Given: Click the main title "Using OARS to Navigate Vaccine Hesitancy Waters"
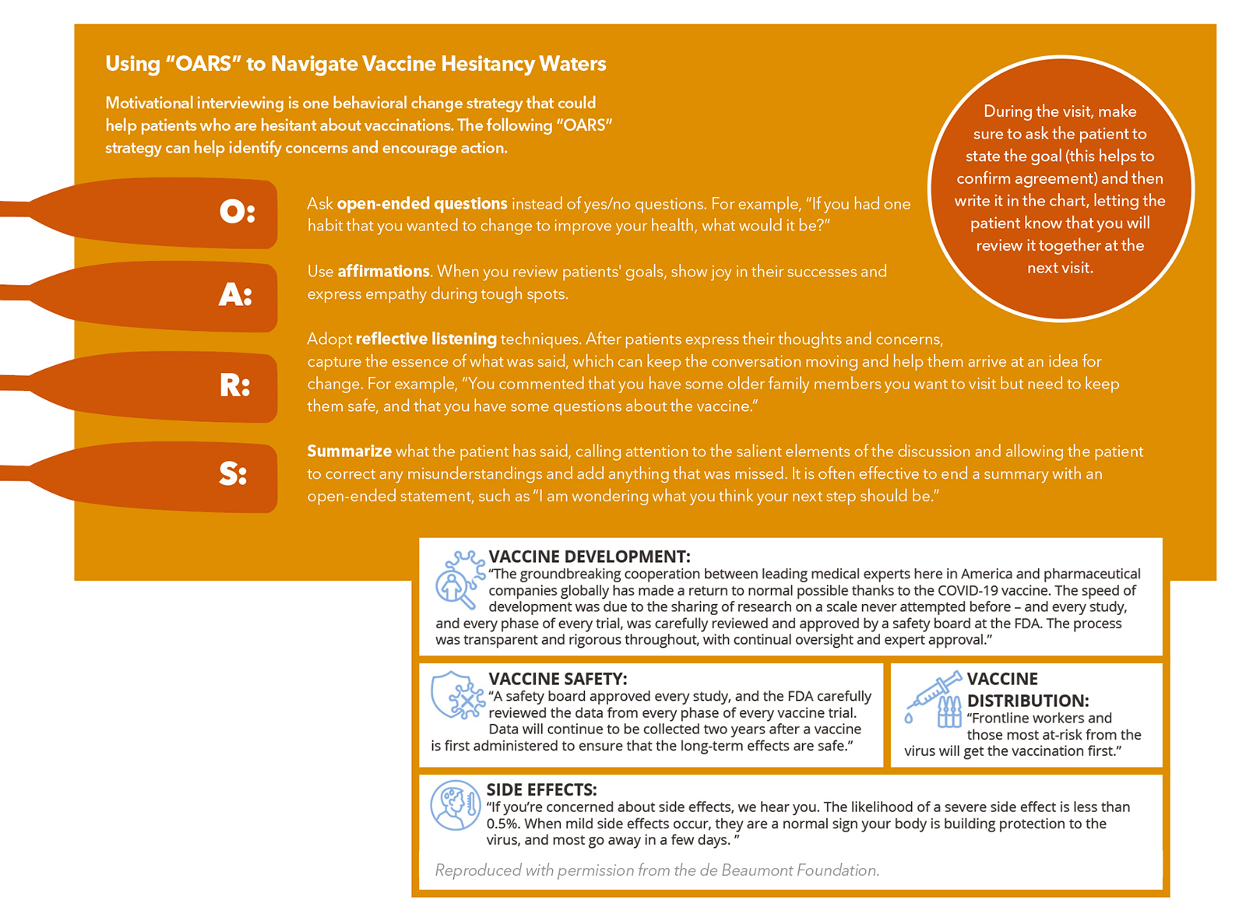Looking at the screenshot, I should pyautogui.click(x=356, y=64).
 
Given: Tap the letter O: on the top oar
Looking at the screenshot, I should pyautogui.click(x=237, y=211).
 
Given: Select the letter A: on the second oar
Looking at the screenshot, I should pyautogui.click(x=236, y=294).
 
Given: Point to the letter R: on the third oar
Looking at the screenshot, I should pyautogui.click(x=235, y=385).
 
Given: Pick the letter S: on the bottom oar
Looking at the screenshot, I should pyautogui.click(x=233, y=473).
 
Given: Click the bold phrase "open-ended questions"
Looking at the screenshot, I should pyautogui.click(x=422, y=204).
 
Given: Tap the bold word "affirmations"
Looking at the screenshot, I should pyautogui.click(x=383, y=271).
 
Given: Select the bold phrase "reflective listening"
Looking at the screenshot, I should pyautogui.click(x=426, y=339).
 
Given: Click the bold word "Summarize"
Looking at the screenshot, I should pyautogui.click(x=349, y=452).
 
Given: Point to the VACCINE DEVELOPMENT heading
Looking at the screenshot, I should pyautogui.click(x=589, y=557).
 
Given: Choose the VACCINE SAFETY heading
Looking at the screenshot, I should pyautogui.click(x=558, y=679).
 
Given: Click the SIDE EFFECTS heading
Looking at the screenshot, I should pyautogui.click(x=541, y=789).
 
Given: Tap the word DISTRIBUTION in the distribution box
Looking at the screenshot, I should pyautogui.click(x=1028, y=701).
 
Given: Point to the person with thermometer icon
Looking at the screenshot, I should pyautogui.click(x=456, y=805).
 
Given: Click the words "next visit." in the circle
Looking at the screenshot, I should pyautogui.click(x=1060, y=268).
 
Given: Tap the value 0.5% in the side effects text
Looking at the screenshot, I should pyautogui.click(x=502, y=824).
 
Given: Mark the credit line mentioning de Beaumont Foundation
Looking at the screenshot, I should pyautogui.click(x=657, y=870).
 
